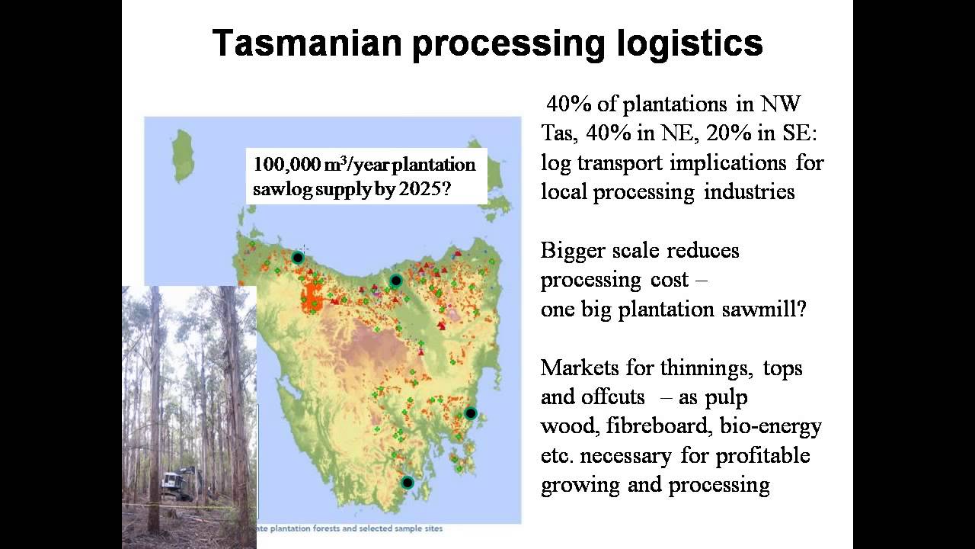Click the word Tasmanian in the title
306,43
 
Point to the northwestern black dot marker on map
298,258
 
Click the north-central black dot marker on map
395,281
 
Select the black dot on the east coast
471,413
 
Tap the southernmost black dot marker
408,482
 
